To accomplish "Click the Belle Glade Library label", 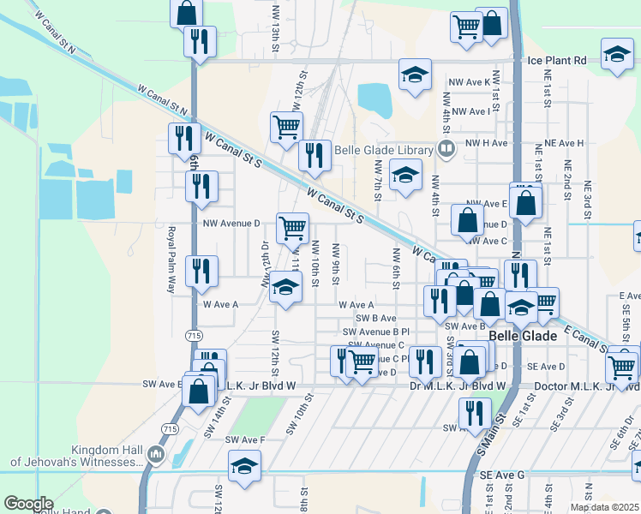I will (383, 150).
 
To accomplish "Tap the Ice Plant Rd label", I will (556, 61).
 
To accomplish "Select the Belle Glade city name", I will (524, 337).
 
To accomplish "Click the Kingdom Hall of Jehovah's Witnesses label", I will (72, 456).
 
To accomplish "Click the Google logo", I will (28, 504).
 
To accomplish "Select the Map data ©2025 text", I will (605, 507).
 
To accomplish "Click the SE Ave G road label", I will (513, 474).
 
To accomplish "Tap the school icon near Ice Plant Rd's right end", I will (617, 53).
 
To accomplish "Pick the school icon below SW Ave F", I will (244, 465).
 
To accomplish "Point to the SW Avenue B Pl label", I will (376, 332).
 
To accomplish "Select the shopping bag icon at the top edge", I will (186, 12).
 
